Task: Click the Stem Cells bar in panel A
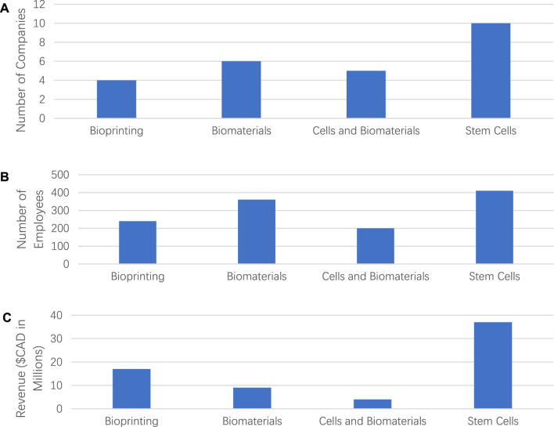click(x=491, y=71)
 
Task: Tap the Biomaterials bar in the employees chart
click(x=257, y=232)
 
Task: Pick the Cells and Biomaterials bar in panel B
click(x=376, y=246)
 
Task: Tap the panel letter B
click(x=6, y=177)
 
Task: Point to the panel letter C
click(x=6, y=317)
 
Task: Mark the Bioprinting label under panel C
click(x=131, y=422)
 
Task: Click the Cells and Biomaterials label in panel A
click(x=366, y=129)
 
